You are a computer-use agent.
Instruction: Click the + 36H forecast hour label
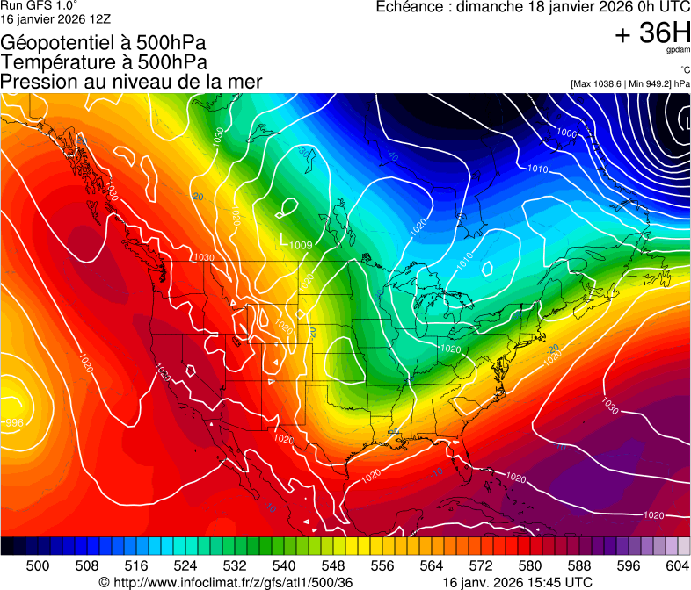click(x=652, y=33)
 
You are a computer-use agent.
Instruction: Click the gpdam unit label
click(x=680, y=51)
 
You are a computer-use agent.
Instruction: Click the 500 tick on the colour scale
click(x=38, y=565)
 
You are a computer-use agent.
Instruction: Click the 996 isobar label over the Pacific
click(x=14, y=423)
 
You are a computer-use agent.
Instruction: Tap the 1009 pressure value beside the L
click(x=301, y=245)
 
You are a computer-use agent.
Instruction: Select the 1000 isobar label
click(x=567, y=133)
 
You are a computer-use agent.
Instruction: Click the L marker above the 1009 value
click(x=281, y=238)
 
